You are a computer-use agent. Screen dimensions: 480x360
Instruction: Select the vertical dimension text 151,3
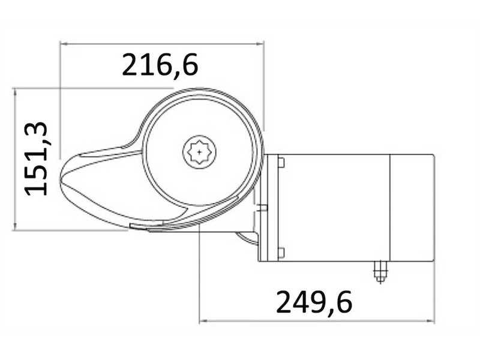pyautogui.click(x=36, y=158)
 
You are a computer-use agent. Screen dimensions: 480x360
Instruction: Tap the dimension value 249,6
pyautogui.click(x=314, y=303)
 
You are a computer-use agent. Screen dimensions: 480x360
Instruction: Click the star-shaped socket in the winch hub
pyautogui.click(x=199, y=152)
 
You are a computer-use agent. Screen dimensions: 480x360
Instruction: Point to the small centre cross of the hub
pyautogui.click(x=199, y=152)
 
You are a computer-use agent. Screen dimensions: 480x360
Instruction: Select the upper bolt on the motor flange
pyautogui.click(x=281, y=163)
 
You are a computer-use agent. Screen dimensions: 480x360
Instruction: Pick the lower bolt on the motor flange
pyautogui.click(x=281, y=253)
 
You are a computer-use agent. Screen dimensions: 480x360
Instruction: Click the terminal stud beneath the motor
pyautogui.click(x=380, y=272)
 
